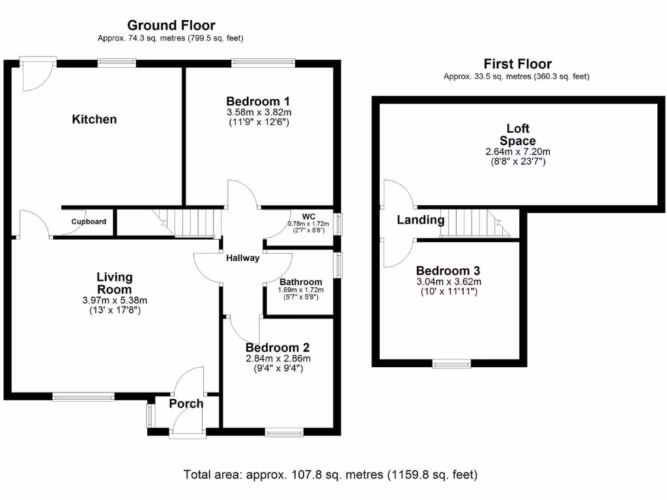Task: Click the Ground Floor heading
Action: (x=171, y=25)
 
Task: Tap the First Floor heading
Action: (x=517, y=64)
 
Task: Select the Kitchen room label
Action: (x=94, y=119)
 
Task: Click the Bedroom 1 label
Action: (x=258, y=101)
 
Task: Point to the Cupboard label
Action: (x=89, y=221)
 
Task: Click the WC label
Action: (x=308, y=216)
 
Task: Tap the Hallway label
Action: (x=242, y=258)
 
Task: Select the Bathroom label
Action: (x=301, y=282)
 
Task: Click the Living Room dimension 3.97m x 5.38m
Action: (x=115, y=300)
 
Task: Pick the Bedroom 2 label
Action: (x=277, y=348)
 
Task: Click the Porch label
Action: (x=186, y=404)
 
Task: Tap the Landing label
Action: (x=421, y=220)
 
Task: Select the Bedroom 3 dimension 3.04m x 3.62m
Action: (x=449, y=281)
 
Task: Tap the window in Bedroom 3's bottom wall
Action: (x=452, y=364)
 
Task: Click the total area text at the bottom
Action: (x=330, y=475)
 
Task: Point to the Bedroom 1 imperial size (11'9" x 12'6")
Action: (x=258, y=121)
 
